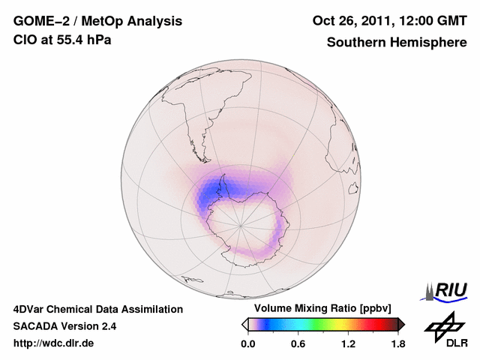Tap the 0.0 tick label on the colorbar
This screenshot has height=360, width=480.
pyautogui.click(x=247, y=343)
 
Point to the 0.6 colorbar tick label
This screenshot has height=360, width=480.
pyautogui.click(x=298, y=343)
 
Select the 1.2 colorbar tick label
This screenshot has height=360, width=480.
pyautogui.click(x=348, y=343)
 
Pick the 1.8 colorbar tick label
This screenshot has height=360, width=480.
pyautogui.click(x=397, y=343)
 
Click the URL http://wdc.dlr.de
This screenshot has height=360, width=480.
pyautogui.click(x=54, y=343)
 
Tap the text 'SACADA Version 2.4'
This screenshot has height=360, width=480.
pyautogui.click(x=64, y=326)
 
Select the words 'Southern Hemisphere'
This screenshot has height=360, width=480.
pyautogui.click(x=396, y=42)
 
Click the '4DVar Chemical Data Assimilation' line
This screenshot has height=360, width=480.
pyautogui.click(x=97, y=309)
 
